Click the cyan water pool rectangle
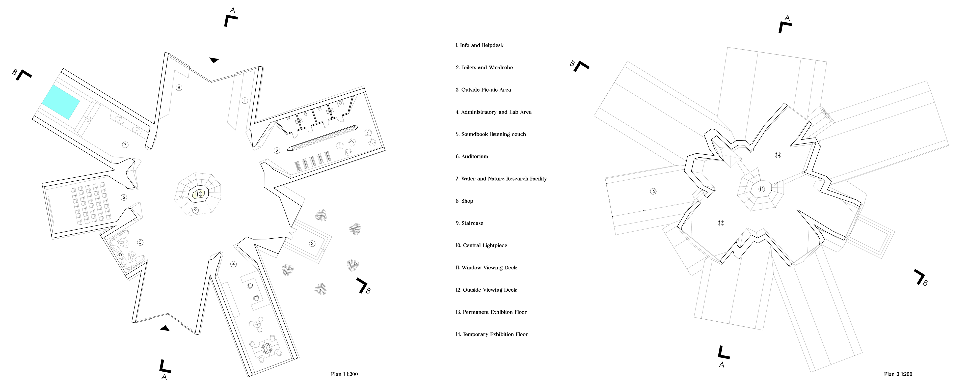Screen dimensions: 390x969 (x=61, y=102)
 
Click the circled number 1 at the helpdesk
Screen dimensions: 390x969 (x=245, y=100)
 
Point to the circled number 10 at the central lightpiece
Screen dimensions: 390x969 (x=199, y=194)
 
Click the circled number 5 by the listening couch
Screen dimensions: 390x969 (x=140, y=242)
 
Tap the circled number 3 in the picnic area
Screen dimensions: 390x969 (x=312, y=243)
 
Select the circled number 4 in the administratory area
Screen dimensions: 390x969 (x=234, y=264)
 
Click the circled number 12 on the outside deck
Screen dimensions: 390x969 (x=653, y=191)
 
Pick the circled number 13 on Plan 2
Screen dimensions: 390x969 (x=721, y=223)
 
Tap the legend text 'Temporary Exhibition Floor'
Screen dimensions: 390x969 (x=492, y=334)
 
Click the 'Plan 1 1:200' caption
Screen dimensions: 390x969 (x=344, y=374)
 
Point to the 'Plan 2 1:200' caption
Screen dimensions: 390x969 (x=898, y=374)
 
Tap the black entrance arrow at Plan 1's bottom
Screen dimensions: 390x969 (x=165, y=328)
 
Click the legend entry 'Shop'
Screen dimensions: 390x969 (x=465, y=201)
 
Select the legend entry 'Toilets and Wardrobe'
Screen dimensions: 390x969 (x=484, y=68)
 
